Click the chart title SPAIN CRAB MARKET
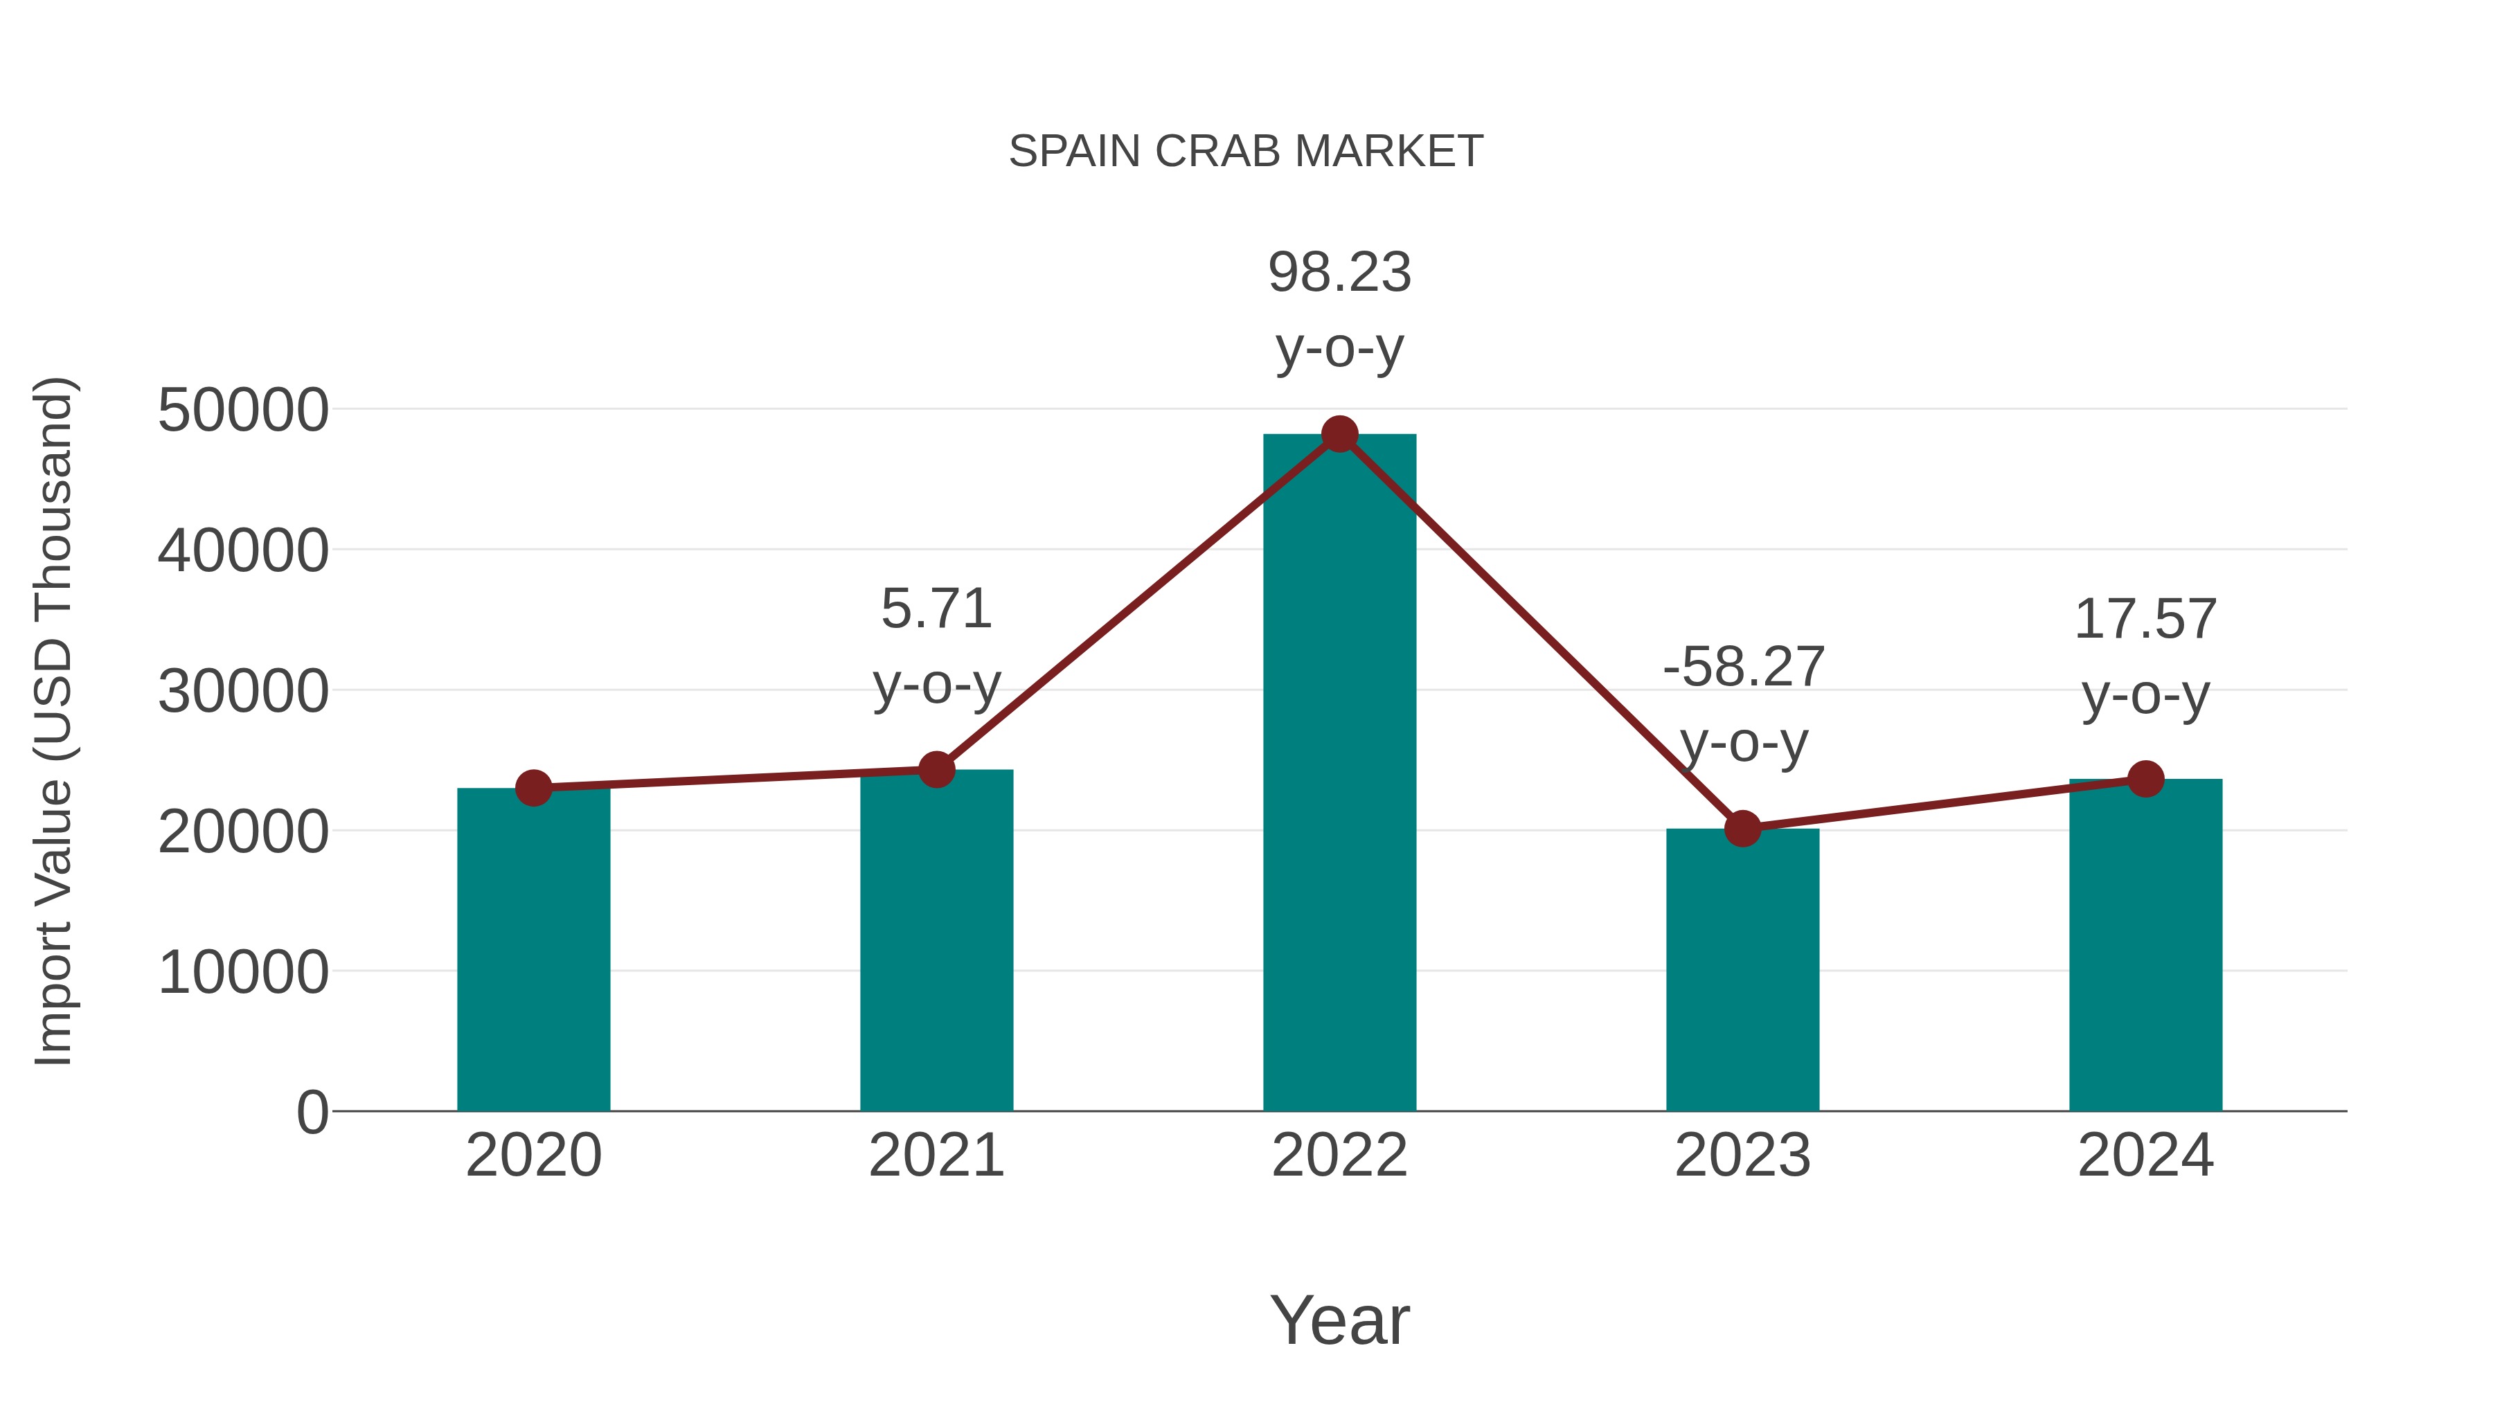[x=1246, y=151]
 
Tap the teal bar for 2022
[x=1339, y=774]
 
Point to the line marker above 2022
[x=1339, y=434]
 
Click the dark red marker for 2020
[x=533, y=789]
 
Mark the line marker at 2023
[x=1742, y=829]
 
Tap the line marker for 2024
[x=2145, y=779]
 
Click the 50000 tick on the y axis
[x=243, y=411]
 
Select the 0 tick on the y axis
[x=312, y=1112]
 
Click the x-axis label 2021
[x=936, y=1156]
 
